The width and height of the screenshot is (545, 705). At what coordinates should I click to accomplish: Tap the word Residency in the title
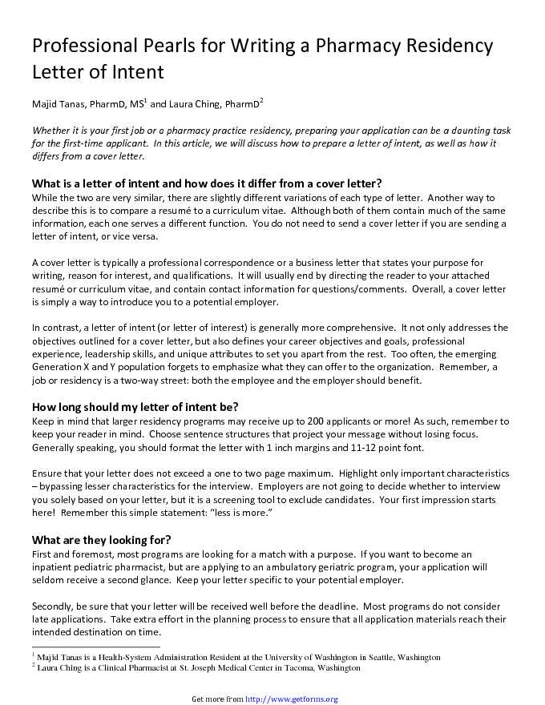[449, 46]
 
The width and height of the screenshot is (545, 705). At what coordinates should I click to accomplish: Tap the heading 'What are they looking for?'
[101, 539]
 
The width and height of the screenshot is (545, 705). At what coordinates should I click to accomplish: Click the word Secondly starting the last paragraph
[55, 606]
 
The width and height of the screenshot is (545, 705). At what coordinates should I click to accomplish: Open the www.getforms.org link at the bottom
[291, 699]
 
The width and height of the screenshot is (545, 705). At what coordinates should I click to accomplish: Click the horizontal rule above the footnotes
[96, 647]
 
